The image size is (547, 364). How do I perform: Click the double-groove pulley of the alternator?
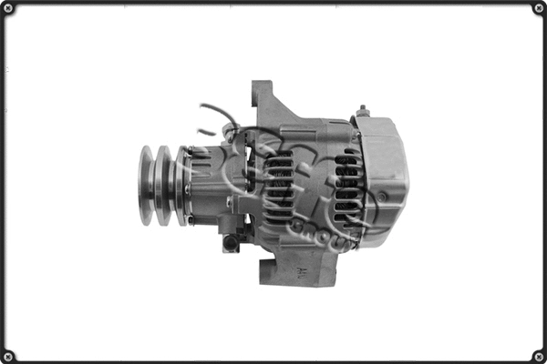159,186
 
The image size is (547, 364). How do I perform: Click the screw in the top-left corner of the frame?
9,9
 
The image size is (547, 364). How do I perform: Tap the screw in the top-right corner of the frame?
538,9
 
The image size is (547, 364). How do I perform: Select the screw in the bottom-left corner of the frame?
9,355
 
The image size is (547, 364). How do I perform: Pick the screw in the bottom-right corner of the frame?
538,355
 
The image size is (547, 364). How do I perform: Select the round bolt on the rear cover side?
383,197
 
